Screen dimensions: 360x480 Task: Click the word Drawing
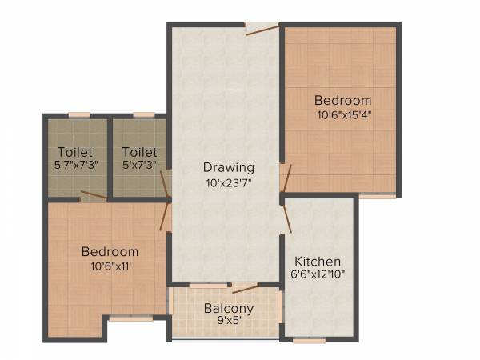point(228,168)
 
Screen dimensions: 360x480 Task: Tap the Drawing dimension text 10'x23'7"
point(228,182)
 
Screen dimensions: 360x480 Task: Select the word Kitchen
point(318,262)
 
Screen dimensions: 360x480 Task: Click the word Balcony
point(228,308)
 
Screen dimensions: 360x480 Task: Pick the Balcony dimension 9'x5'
point(228,321)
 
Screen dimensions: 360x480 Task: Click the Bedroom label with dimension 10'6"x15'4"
point(342,101)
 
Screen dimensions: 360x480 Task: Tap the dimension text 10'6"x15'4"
point(342,114)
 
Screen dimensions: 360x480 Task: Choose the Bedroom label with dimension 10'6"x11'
point(110,251)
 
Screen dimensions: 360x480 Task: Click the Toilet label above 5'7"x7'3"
point(75,151)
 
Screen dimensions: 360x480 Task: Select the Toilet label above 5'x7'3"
point(139,151)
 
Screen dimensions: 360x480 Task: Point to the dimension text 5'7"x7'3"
point(75,164)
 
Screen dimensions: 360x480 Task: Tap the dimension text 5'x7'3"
point(139,164)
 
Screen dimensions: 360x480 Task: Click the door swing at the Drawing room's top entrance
point(262,30)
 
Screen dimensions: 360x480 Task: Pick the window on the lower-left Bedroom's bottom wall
point(130,319)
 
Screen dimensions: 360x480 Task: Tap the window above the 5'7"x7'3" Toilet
point(78,116)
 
